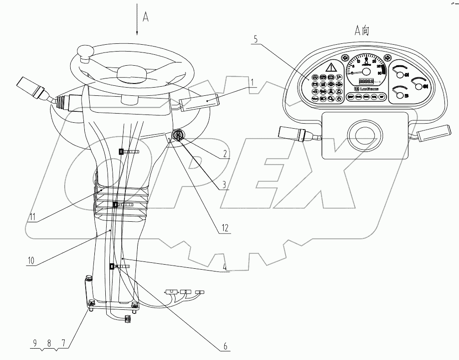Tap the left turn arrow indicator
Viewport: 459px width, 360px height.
345,58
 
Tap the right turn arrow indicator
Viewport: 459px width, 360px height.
387,58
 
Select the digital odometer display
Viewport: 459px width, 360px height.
366,81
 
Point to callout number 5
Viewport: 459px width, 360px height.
256,40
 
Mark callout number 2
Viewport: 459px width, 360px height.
225,154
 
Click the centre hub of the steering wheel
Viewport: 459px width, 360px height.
131,74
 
